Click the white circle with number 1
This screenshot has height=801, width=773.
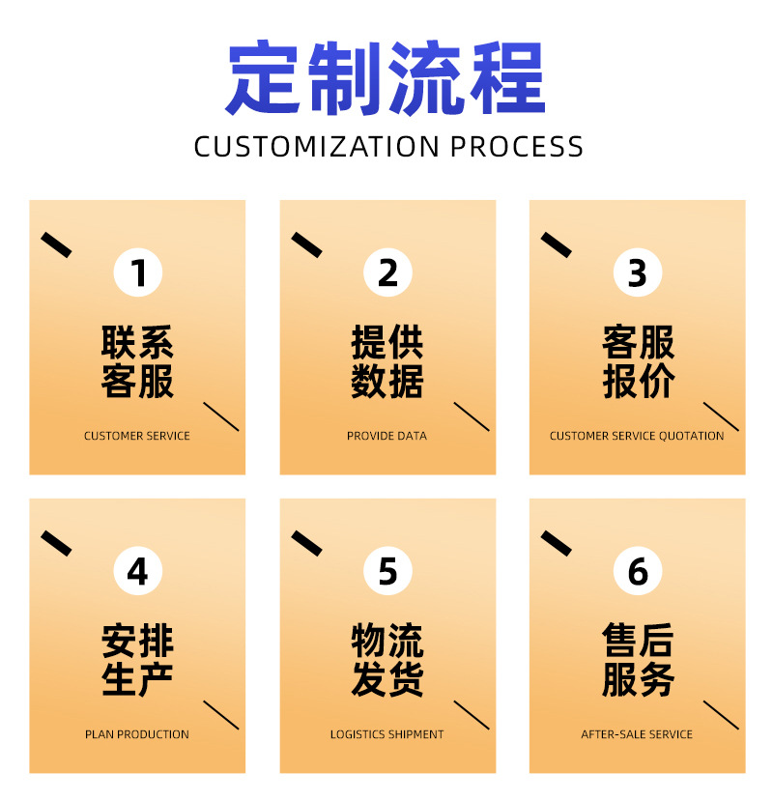[138, 272]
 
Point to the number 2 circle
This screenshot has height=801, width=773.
[387, 272]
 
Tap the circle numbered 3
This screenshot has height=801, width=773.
[638, 272]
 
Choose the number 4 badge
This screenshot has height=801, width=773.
[138, 571]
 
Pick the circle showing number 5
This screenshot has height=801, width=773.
[387, 571]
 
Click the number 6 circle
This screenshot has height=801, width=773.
[638, 571]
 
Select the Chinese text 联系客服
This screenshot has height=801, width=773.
[138, 362]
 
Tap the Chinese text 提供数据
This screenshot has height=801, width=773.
[387, 362]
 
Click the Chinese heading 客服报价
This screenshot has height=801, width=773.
[638, 362]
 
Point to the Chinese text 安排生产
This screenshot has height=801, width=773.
[138, 661]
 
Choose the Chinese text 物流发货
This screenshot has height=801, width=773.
[387, 661]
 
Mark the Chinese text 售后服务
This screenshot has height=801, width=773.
[638, 661]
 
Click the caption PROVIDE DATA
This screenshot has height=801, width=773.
[386, 436]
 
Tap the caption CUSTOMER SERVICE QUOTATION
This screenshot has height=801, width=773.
[637, 436]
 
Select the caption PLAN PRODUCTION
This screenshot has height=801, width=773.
[137, 734]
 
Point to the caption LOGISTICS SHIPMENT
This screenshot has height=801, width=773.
[386, 734]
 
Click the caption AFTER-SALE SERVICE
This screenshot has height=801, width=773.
[637, 734]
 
